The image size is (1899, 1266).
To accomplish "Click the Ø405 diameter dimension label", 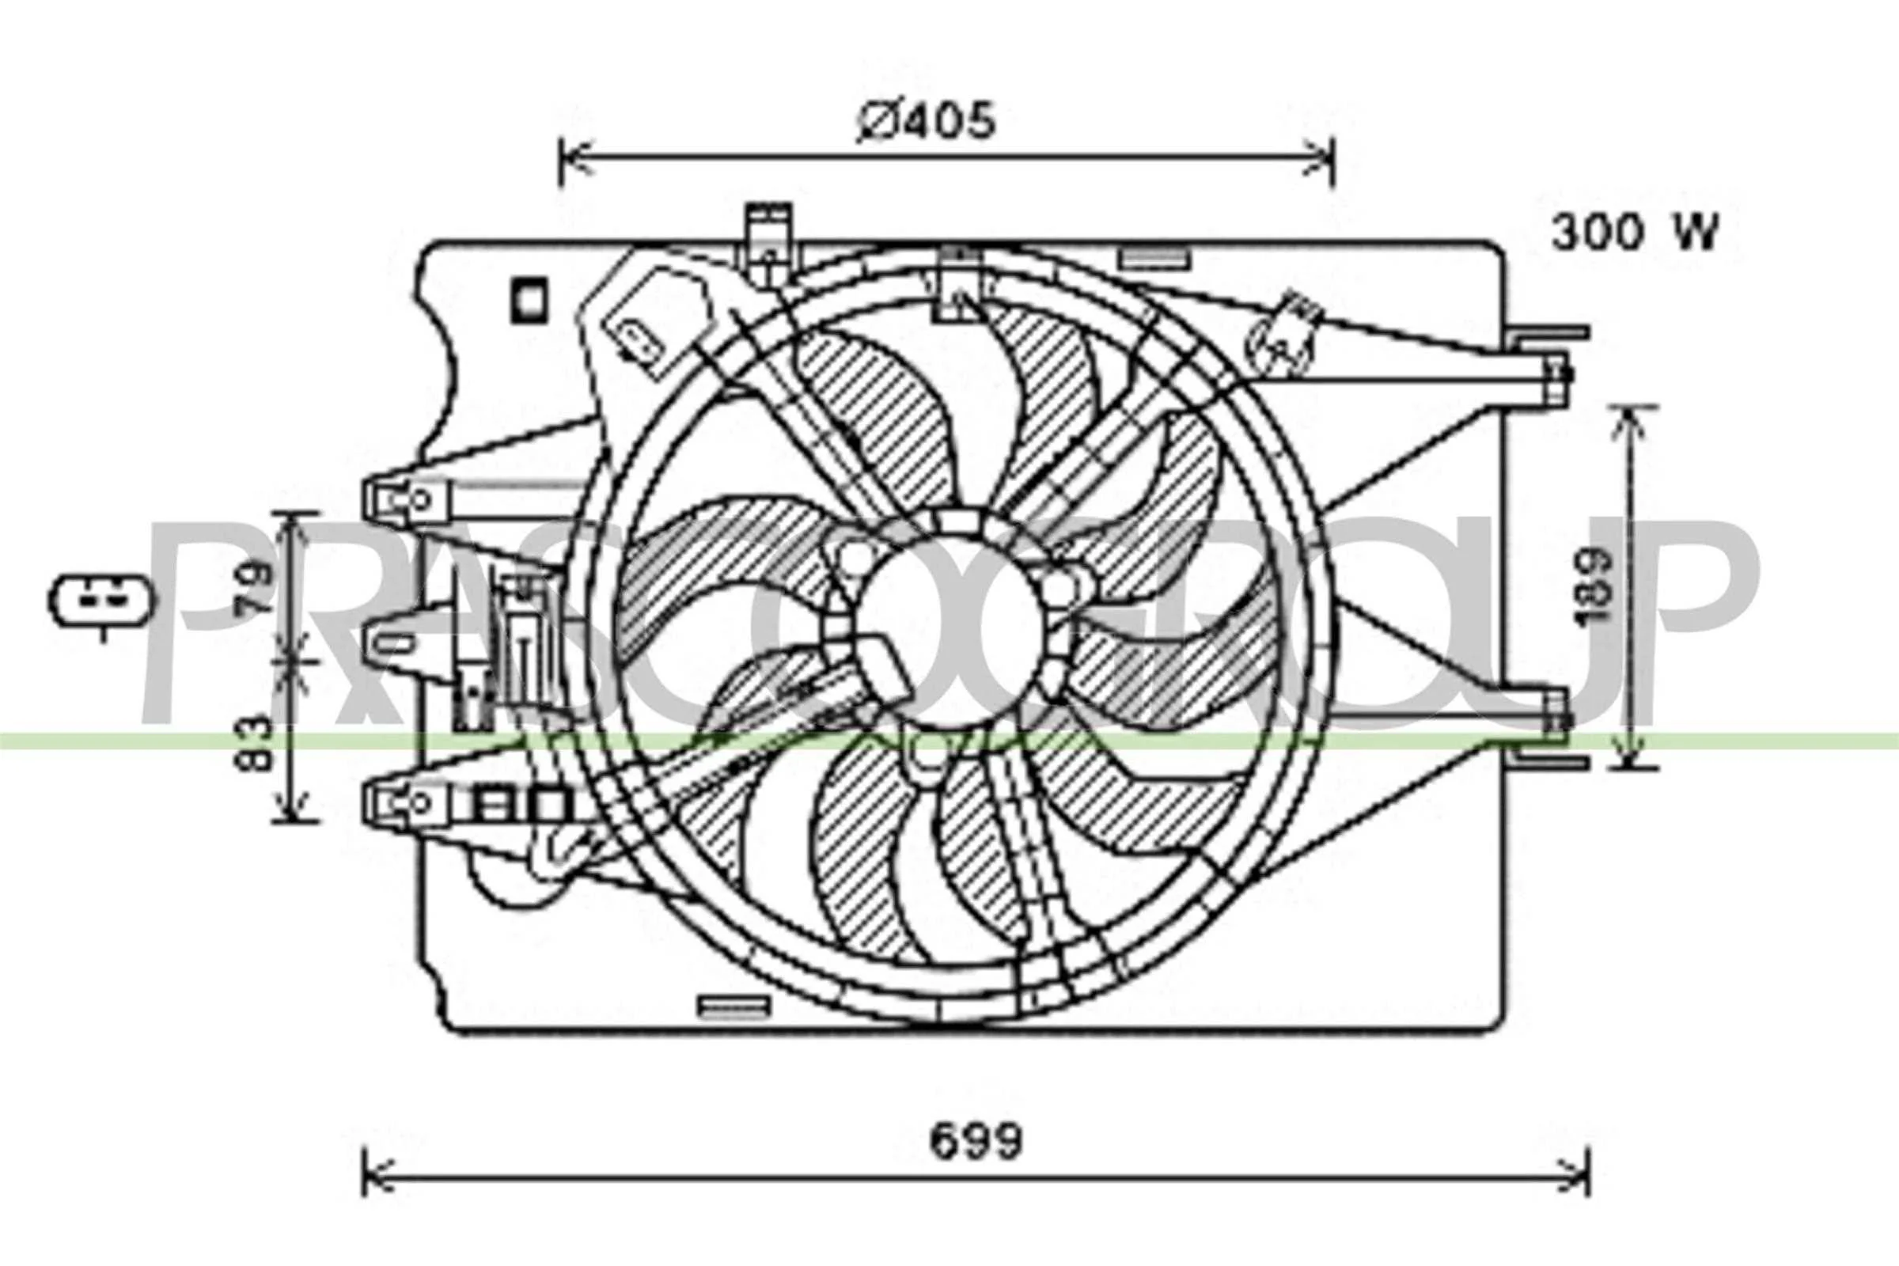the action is coord(926,122).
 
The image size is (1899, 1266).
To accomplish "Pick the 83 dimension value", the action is coord(259,742).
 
